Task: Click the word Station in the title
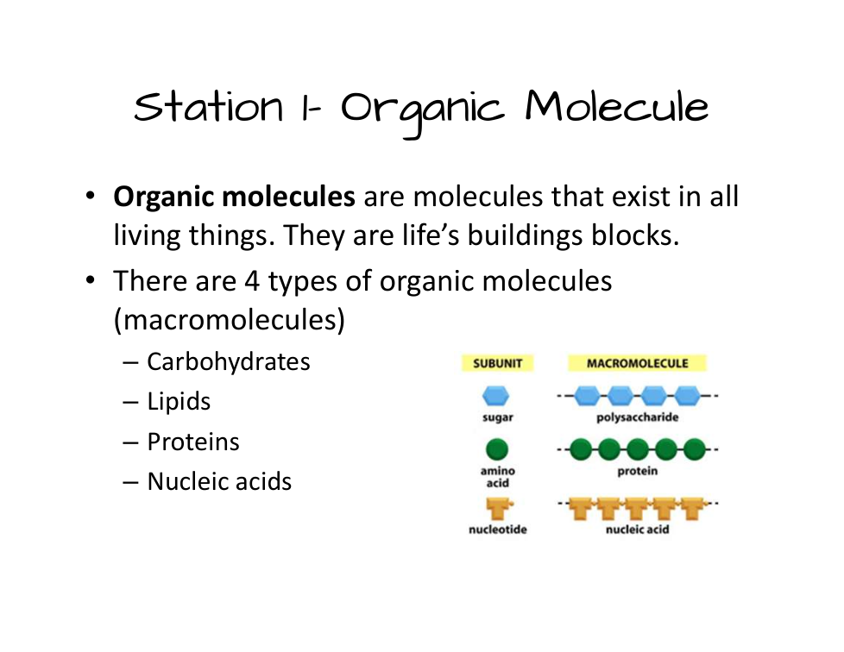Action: pyautogui.click(x=208, y=106)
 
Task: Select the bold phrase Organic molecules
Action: pyautogui.click(x=234, y=197)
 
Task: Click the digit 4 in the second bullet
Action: pyautogui.click(x=252, y=281)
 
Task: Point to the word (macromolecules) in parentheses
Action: pyautogui.click(x=230, y=320)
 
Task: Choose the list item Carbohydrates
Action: pyautogui.click(x=228, y=361)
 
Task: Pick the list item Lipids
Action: pyautogui.click(x=179, y=402)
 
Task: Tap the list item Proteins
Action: pyautogui.click(x=193, y=442)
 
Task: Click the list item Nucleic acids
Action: pyautogui.click(x=219, y=481)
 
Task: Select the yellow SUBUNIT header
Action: pyautogui.click(x=497, y=363)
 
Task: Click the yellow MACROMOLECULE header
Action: pyautogui.click(x=637, y=363)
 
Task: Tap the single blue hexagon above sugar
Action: pyautogui.click(x=495, y=396)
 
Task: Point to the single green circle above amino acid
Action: pyautogui.click(x=497, y=449)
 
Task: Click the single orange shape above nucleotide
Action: pyautogui.click(x=499, y=507)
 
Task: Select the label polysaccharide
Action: pyautogui.click(x=637, y=417)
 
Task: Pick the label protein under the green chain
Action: pyautogui.click(x=637, y=471)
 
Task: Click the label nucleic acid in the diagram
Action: pyautogui.click(x=637, y=530)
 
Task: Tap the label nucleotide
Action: pyautogui.click(x=498, y=530)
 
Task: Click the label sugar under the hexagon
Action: pyautogui.click(x=498, y=418)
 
